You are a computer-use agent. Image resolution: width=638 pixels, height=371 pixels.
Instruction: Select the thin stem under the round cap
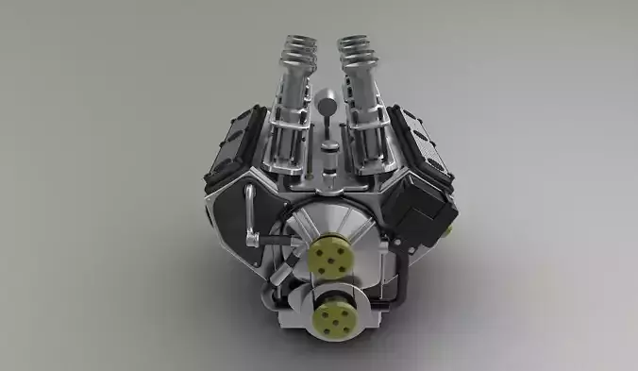327,127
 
